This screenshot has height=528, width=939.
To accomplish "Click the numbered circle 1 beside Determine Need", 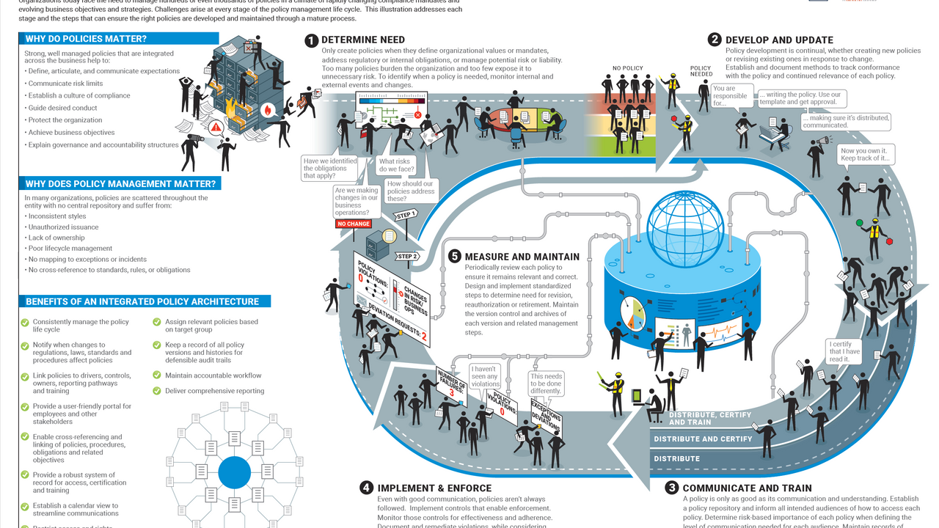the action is pos(311,40).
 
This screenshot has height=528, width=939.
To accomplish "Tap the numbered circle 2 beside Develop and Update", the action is pos(714,40).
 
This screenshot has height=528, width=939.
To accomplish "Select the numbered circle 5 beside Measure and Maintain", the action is pos(455,257).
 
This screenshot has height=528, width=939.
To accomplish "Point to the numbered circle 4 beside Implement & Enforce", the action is pos(366,488).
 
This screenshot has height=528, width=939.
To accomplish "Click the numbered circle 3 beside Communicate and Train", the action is pos(671,488).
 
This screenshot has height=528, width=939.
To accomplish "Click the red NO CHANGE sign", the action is pos(354,224).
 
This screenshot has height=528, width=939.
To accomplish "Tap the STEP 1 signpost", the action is pos(406,215).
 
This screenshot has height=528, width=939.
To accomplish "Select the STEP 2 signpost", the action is pos(407,256).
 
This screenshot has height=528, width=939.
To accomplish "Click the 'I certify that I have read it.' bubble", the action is pos(841,351).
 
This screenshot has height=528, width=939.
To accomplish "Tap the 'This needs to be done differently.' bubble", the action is pos(546,384).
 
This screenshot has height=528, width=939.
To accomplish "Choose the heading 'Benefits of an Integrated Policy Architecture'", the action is pos(142,301).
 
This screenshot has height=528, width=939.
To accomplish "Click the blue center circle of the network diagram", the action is pos(234,472).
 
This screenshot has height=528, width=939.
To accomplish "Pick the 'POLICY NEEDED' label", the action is pos(701,71).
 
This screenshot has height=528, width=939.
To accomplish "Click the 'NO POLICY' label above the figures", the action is pos(627,69).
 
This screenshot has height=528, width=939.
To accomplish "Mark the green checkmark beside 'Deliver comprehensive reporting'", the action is pos(157,391).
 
